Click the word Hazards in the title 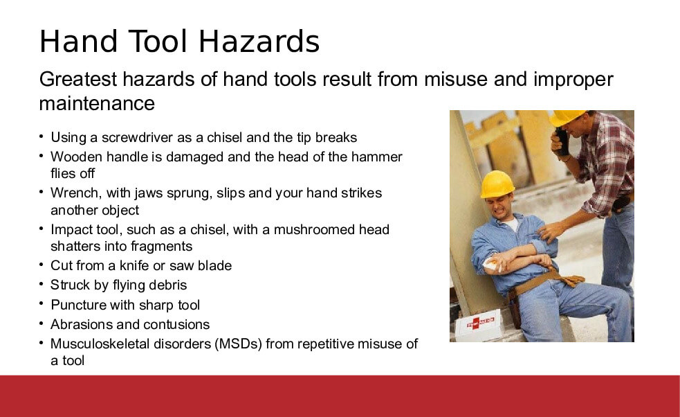click(259, 42)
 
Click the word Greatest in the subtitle click(78, 80)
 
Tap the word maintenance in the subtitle click(97, 103)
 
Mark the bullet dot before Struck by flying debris click(42, 283)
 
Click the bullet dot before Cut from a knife click(42, 264)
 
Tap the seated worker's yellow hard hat click(497, 184)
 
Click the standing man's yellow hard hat click(566, 116)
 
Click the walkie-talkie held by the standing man click(562, 141)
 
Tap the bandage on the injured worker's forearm click(493, 264)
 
